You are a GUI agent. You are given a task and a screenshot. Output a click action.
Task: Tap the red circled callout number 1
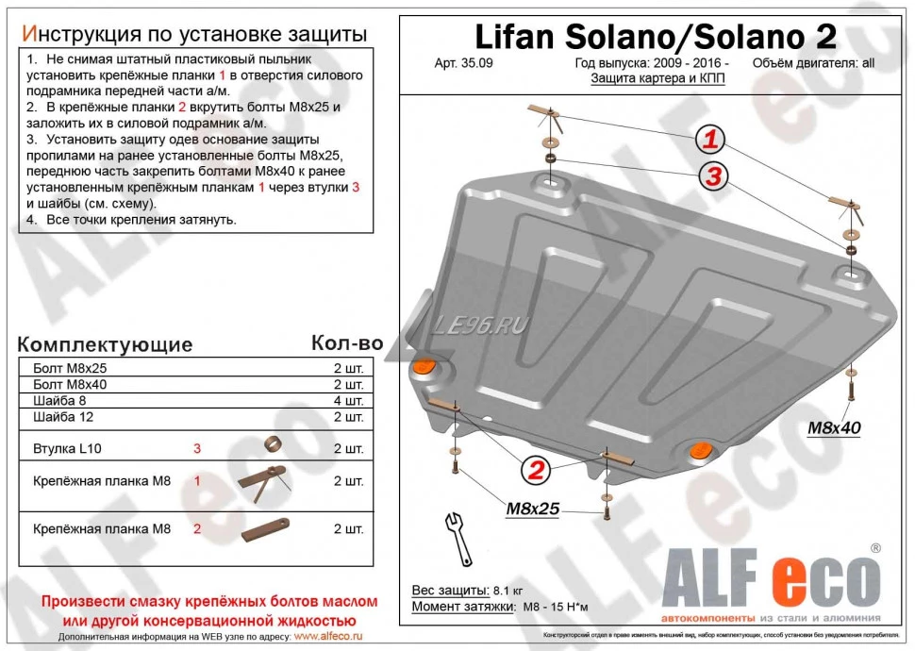coord(711,141)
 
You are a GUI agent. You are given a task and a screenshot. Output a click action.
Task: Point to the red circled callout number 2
coord(535,469)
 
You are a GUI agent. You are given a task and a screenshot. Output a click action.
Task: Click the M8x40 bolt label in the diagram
coord(834,427)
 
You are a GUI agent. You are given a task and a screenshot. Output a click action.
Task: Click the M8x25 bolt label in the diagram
coord(533,509)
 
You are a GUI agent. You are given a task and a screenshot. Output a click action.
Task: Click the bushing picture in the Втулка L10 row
coord(273,443)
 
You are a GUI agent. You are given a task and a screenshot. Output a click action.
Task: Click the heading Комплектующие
coord(105,344)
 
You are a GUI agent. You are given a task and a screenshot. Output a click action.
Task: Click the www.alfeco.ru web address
coord(327,637)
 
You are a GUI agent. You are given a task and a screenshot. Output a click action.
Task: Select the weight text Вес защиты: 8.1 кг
coord(465,590)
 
